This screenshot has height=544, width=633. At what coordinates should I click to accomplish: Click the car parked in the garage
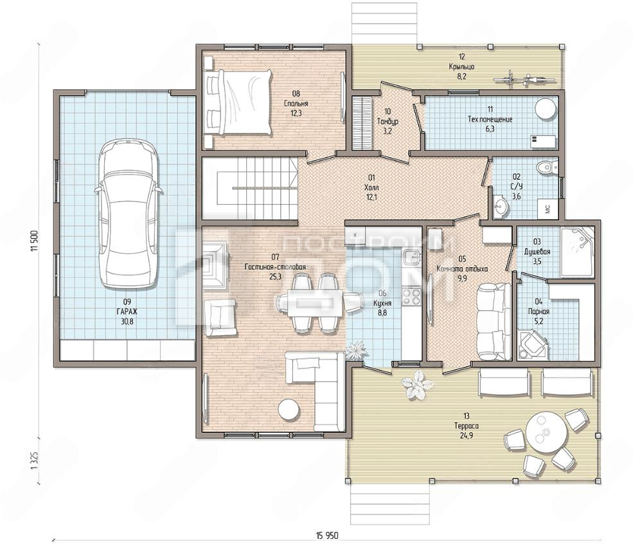point(129,214)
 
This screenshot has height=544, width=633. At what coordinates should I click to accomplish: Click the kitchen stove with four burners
point(412,296)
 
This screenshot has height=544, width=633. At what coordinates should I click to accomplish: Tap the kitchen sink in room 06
point(412,256)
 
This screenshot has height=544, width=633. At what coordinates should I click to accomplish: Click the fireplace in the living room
point(215,265)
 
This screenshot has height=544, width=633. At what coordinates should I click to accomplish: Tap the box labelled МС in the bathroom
point(549,208)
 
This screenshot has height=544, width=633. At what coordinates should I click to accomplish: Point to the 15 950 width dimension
point(327,536)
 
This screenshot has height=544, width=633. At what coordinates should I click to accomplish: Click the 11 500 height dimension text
point(34,241)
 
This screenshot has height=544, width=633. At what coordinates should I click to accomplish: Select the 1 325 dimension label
point(34,460)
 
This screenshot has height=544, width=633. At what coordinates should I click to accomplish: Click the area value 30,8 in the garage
point(127,322)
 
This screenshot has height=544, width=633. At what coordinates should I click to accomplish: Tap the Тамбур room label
point(388,121)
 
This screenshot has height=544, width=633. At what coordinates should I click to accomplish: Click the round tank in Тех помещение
point(545,109)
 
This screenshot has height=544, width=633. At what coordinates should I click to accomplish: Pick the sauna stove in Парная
point(532,344)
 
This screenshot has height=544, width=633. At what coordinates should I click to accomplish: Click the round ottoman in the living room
point(289,410)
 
